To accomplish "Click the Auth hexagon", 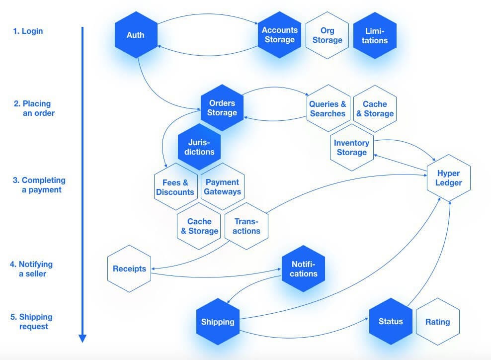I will [x=136, y=35].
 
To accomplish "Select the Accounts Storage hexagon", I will [x=279, y=35].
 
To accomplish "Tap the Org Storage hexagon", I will [x=327, y=35].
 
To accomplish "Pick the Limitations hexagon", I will [x=375, y=35].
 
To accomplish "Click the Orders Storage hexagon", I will [x=222, y=108].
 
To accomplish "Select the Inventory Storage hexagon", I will [x=351, y=148].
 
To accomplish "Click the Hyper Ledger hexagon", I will [x=449, y=178].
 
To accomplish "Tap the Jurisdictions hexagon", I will [x=199, y=147].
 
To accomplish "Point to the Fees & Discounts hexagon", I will [x=175, y=187].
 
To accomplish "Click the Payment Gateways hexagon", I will [x=222, y=187].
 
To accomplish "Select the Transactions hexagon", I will [x=246, y=226].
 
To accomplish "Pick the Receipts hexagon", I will [x=129, y=269].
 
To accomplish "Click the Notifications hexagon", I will [x=304, y=269].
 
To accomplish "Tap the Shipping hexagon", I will [x=217, y=322].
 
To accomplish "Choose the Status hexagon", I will [x=391, y=322].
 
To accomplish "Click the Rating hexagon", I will [x=437, y=322].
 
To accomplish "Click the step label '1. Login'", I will [x=28, y=31].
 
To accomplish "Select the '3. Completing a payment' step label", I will [x=39, y=185].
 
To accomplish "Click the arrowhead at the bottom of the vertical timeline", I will [x=82, y=339].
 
